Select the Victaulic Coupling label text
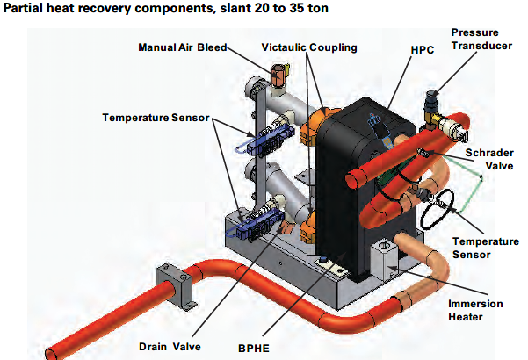pyautogui.click(x=308, y=47)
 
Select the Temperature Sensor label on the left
pyautogui.click(x=154, y=117)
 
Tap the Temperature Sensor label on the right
pyautogui.click(x=481, y=247)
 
